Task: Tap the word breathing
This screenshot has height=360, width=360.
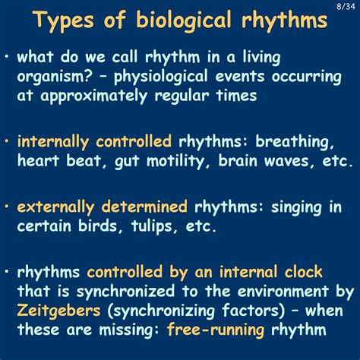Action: point(300,143)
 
